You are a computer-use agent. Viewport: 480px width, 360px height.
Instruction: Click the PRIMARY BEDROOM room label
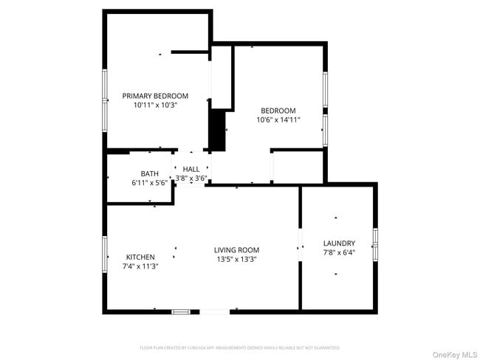155,96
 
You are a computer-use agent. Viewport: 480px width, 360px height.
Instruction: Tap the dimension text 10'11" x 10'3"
155,105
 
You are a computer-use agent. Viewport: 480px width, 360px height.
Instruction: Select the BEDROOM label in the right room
278,111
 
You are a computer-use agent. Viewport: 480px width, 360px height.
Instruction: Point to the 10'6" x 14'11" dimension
278,120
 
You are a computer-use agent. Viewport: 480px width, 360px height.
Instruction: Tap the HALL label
191,169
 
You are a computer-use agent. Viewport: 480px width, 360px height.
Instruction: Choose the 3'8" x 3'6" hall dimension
191,178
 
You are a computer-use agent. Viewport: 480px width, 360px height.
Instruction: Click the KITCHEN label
140,257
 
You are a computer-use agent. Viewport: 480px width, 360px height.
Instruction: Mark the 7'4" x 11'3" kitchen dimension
140,266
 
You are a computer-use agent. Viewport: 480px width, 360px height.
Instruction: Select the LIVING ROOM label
237,250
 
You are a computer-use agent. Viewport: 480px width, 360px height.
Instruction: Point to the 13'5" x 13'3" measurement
237,259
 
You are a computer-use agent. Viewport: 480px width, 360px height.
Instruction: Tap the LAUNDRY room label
339,243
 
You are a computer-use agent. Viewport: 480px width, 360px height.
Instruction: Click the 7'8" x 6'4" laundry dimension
339,253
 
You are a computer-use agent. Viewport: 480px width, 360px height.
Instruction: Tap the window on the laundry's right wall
375,244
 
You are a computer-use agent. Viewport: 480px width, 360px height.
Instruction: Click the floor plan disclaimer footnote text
239,347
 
